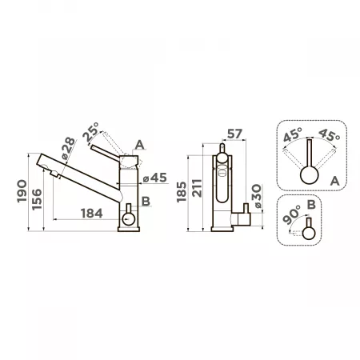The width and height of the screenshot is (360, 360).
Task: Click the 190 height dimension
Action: coord(22,191)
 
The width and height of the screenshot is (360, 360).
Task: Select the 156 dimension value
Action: coord(37,199)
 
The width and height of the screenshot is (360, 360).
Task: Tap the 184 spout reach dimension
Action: coord(91,214)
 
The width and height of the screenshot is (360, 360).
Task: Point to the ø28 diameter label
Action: coord(67,148)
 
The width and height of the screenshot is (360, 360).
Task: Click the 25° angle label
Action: coord(90,132)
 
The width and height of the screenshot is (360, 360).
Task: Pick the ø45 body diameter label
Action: coord(155,178)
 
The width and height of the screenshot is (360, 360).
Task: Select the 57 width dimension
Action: coord(234,134)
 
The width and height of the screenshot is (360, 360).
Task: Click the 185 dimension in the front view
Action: coord(182,192)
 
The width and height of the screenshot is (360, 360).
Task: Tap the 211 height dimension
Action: coord(198,188)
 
